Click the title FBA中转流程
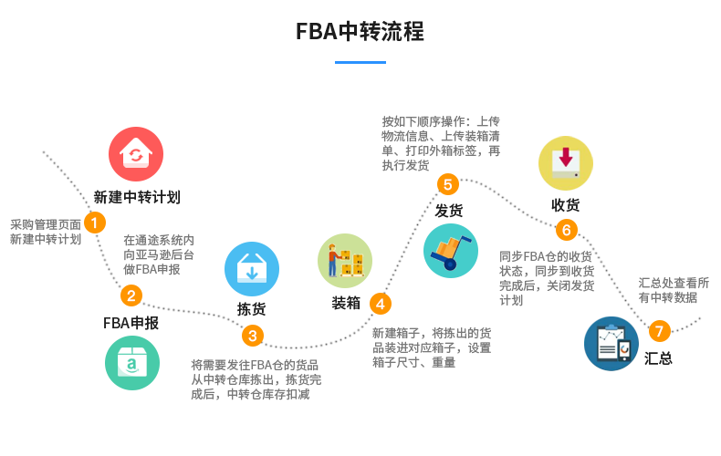pyautogui.click(x=360, y=33)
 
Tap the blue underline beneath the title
pyautogui.click(x=360, y=62)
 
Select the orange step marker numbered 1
pyautogui.click(x=93, y=222)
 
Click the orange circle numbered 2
pyautogui.click(x=132, y=295)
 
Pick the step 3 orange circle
pyautogui.click(x=253, y=336)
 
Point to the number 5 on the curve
pyautogui.click(x=447, y=185)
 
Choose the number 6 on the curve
pyautogui.click(x=566, y=230)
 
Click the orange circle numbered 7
pyautogui.click(x=660, y=331)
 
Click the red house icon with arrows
pyautogui.click(x=136, y=153)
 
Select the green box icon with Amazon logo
pyautogui.click(x=132, y=363)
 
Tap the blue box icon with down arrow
pyautogui.click(x=252, y=269)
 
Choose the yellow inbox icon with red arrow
pyautogui.click(x=565, y=163)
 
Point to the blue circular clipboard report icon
pyautogui.click(x=611, y=344)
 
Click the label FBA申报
pyautogui.click(x=131, y=323)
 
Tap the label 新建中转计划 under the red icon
pyautogui.click(x=136, y=197)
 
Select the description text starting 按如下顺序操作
pyautogui.click(x=441, y=142)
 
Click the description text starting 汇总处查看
pyautogui.click(x=674, y=289)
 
